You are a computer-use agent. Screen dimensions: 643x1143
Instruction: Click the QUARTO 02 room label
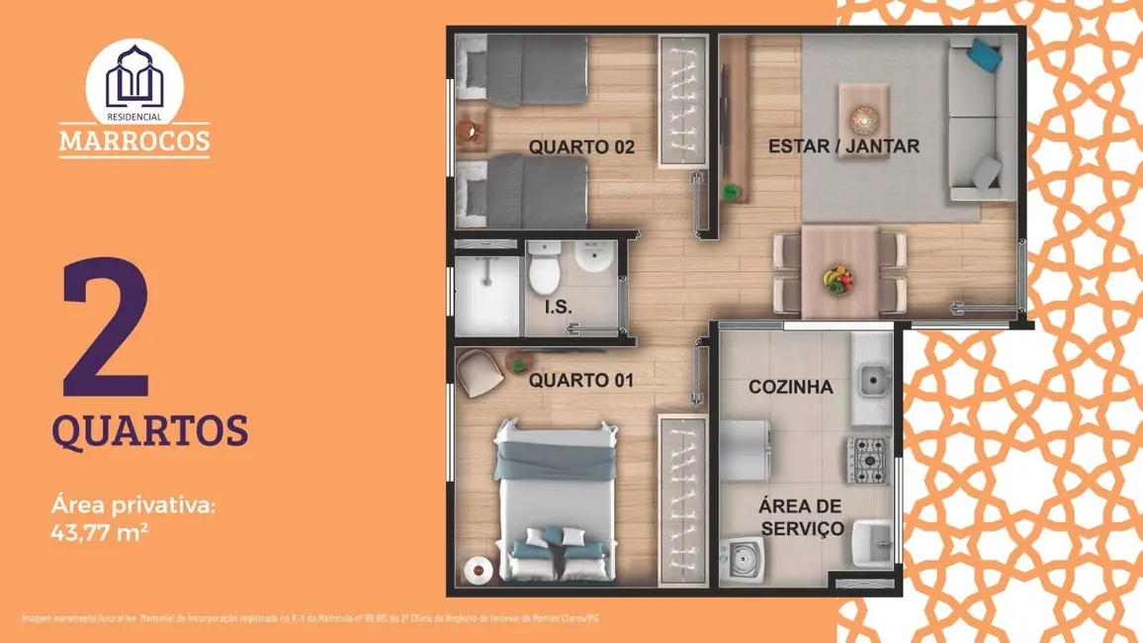[581, 147]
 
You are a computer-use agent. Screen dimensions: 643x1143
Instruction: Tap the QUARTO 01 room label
[581, 380]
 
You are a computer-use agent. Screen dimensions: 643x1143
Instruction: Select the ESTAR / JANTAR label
[844, 146]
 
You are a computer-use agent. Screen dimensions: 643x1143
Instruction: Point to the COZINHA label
[791, 387]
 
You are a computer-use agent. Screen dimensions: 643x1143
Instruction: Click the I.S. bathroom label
[558, 307]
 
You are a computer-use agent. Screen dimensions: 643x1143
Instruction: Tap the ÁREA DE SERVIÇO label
[801, 516]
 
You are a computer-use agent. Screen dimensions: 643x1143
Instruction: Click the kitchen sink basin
[872, 378]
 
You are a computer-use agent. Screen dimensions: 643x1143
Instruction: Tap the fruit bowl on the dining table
[838, 278]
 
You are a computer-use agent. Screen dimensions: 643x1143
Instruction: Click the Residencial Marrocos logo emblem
[133, 77]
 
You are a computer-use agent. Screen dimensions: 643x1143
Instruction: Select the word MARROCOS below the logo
[134, 140]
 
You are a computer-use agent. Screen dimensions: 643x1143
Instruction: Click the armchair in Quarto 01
[482, 373]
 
